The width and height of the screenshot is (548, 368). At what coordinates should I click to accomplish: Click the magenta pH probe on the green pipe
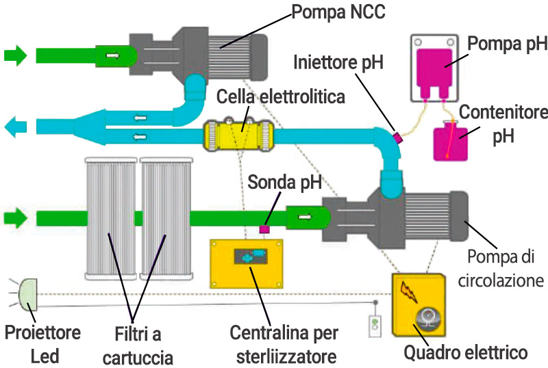tap(264, 230)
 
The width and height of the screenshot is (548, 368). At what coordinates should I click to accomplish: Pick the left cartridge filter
tap(110, 219)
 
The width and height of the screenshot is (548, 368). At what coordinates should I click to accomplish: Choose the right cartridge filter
tap(165, 219)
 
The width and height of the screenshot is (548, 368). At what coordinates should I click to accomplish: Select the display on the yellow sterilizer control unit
tap(249, 257)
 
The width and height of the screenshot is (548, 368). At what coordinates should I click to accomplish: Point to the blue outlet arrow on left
tap(16, 126)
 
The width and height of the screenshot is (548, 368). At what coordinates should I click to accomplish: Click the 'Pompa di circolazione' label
tap(503, 268)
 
